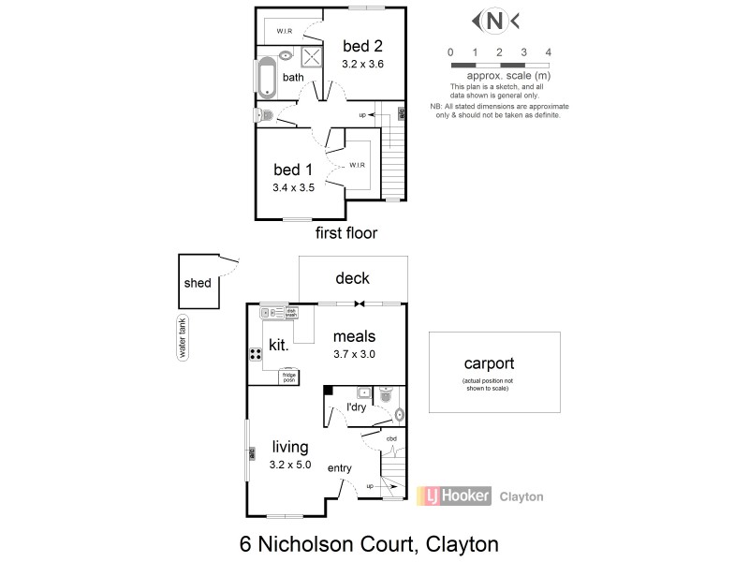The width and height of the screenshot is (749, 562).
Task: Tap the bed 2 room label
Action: click(x=362, y=46)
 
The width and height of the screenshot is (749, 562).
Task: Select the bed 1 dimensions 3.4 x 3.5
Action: click(x=293, y=187)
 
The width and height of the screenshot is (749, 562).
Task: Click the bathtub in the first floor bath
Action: click(x=265, y=80)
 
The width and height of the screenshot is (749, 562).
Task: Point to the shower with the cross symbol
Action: click(x=312, y=56)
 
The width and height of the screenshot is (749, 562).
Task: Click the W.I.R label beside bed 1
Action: click(x=357, y=165)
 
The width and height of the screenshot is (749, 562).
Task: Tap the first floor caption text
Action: click(x=345, y=233)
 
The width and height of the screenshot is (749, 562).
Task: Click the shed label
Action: click(x=198, y=283)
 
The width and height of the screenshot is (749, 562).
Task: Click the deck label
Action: click(x=352, y=278)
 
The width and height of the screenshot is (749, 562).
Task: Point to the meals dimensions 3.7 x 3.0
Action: click(x=354, y=354)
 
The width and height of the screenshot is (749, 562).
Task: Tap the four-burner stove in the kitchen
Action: click(x=255, y=354)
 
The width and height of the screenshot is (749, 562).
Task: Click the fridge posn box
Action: click(x=288, y=377)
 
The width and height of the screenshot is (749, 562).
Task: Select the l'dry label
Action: click(x=357, y=409)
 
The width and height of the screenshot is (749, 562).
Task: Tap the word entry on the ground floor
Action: click(x=339, y=467)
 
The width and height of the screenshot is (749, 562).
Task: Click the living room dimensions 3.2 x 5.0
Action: click(x=290, y=465)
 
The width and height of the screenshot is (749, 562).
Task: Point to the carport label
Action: click(x=489, y=364)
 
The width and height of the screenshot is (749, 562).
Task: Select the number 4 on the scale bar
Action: click(x=548, y=52)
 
